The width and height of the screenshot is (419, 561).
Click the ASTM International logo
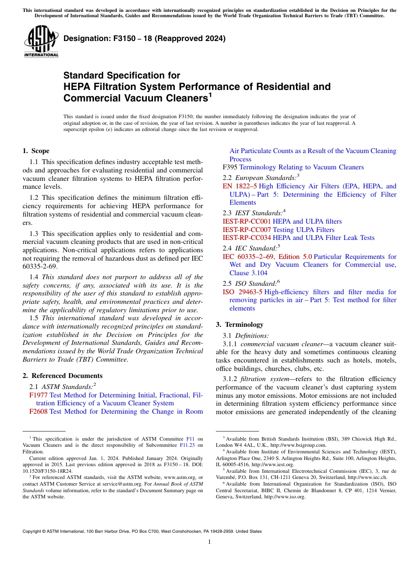pyautogui.click(x=41, y=42)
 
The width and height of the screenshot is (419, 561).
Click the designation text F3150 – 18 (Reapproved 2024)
pyautogui.click(x=145, y=38)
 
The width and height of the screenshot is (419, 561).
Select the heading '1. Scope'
pyautogui.click(x=36, y=151)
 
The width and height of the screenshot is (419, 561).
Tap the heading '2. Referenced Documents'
pyautogui.click(x=63, y=376)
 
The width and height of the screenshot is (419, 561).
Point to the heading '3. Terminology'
pyautogui.click(x=239, y=325)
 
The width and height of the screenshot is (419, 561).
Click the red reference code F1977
pyautogui.click(x=38, y=396)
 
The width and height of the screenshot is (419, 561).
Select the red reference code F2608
pyautogui.click(x=38, y=411)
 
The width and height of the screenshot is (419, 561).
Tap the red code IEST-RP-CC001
pyautogui.click(x=247, y=221)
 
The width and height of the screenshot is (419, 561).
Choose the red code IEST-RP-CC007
pyautogui.click(x=247, y=230)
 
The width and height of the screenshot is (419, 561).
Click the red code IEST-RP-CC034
pyautogui.click(x=247, y=238)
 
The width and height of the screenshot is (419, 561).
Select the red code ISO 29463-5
pyautogui.click(x=242, y=292)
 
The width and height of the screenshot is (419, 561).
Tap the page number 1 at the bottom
pyautogui.click(x=209, y=542)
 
